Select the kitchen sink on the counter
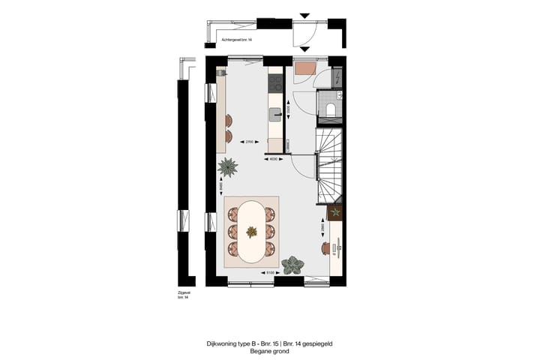(x=275, y=114)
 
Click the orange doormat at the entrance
(x=304, y=70)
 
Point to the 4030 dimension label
(x=274, y=159)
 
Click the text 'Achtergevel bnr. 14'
(x=237, y=38)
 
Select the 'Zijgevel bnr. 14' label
(x=182, y=295)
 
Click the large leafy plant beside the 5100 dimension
(x=292, y=263)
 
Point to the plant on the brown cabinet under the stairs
(x=335, y=212)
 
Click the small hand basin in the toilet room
(x=339, y=96)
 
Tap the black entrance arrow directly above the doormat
(x=304, y=15)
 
